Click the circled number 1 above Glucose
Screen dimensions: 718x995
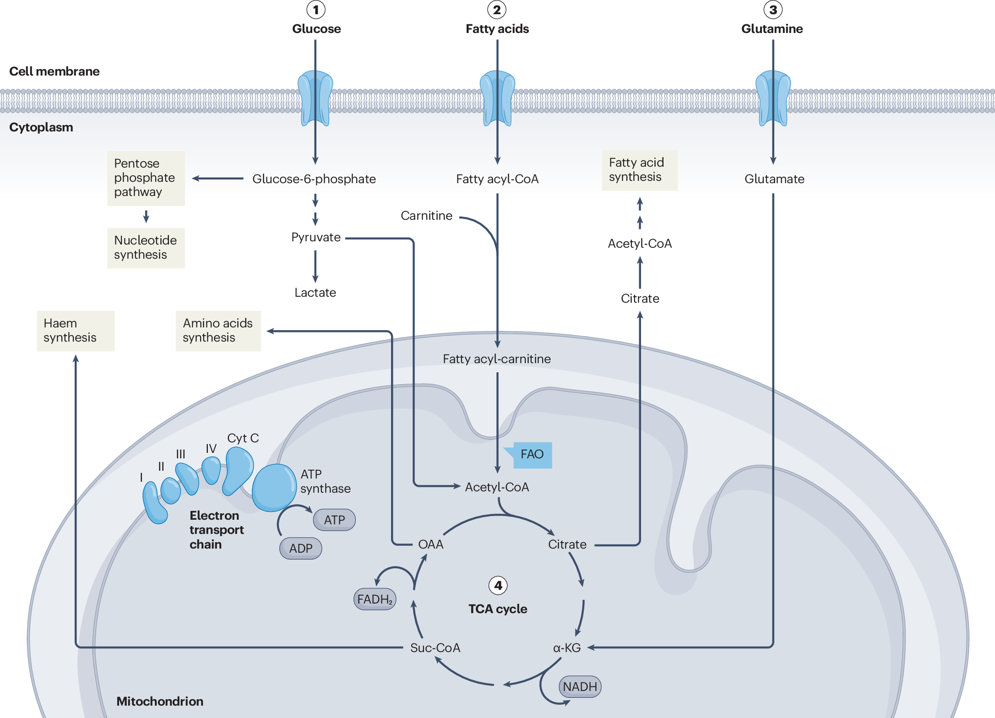click(x=315, y=10)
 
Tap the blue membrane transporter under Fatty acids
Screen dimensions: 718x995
click(x=497, y=98)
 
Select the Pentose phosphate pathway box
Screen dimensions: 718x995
click(x=146, y=178)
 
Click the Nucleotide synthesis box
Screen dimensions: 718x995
click(x=146, y=248)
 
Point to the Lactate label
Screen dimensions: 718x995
click(x=315, y=293)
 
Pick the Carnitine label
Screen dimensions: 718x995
click(x=426, y=216)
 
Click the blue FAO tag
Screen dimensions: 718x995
click(x=532, y=455)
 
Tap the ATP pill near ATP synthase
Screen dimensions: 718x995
click(x=334, y=520)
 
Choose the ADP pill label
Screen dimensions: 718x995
click(x=301, y=548)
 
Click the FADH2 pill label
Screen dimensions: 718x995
click(x=375, y=599)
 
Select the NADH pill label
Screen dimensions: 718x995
click(x=580, y=687)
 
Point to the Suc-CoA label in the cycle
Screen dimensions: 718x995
click(x=435, y=648)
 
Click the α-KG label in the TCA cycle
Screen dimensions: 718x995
click(x=567, y=648)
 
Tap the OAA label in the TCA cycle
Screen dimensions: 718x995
click(x=431, y=544)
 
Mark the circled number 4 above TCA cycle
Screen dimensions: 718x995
click(x=498, y=585)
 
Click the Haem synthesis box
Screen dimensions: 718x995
click(x=76, y=331)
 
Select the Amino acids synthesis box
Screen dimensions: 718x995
click(x=218, y=331)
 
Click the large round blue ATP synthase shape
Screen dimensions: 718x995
click(x=274, y=487)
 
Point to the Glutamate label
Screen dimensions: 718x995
click(x=774, y=179)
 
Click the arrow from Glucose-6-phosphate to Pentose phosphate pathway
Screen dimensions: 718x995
click(x=218, y=179)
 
